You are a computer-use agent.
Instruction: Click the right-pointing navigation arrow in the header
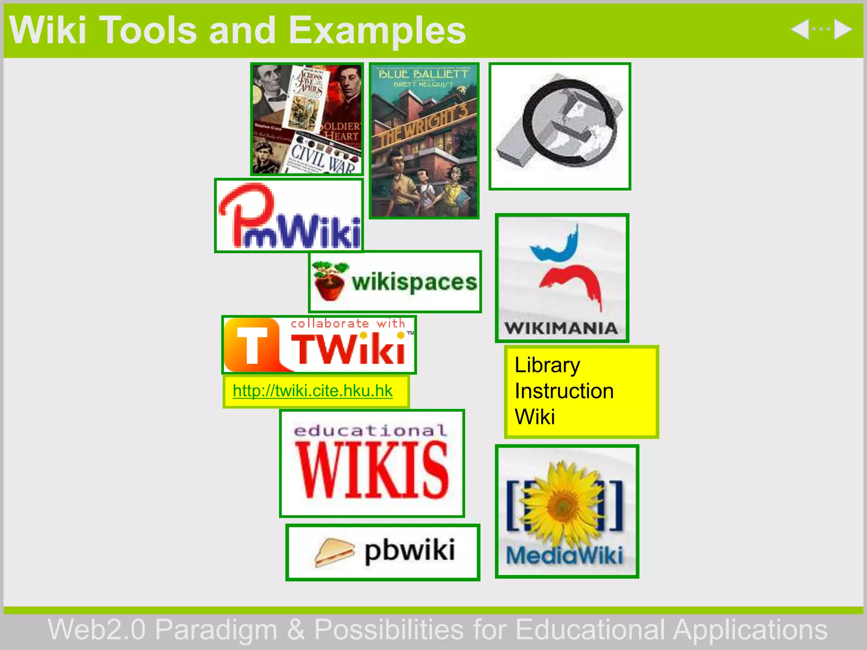click(842, 30)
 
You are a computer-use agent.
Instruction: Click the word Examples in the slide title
click(377, 30)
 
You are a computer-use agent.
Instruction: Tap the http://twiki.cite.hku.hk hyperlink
click(312, 391)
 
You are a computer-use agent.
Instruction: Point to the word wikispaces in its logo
click(414, 282)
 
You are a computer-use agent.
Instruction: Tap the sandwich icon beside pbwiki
click(334, 552)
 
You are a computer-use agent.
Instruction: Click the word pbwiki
click(410, 551)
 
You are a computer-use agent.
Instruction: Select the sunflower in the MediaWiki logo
click(565, 504)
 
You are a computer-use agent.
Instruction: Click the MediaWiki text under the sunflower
click(565, 555)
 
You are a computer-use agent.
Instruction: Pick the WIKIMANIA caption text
click(561, 328)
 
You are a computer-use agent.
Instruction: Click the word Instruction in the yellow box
click(564, 391)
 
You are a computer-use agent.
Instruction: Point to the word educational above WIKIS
click(370, 431)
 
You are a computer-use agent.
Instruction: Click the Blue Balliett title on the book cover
click(423, 74)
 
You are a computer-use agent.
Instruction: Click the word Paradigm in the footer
click(216, 630)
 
